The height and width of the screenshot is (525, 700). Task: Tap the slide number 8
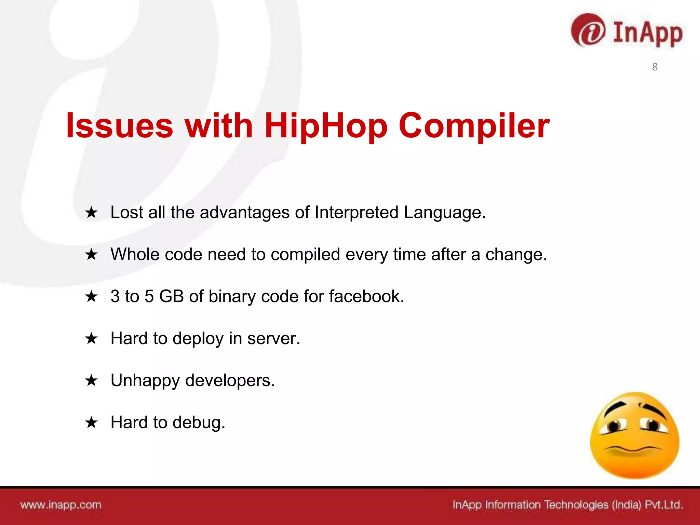(x=655, y=67)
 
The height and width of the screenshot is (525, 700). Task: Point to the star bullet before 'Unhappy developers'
(x=91, y=380)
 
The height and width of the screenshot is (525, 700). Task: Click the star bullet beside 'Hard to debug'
(x=91, y=422)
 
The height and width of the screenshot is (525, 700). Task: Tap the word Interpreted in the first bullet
(x=356, y=213)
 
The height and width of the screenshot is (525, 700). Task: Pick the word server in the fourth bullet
(x=273, y=338)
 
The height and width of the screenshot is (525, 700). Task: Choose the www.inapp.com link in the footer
(x=61, y=505)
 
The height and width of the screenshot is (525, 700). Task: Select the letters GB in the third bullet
(x=172, y=296)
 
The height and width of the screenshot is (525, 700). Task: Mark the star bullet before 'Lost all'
(x=91, y=213)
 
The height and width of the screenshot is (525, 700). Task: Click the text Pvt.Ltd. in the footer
(x=664, y=505)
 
